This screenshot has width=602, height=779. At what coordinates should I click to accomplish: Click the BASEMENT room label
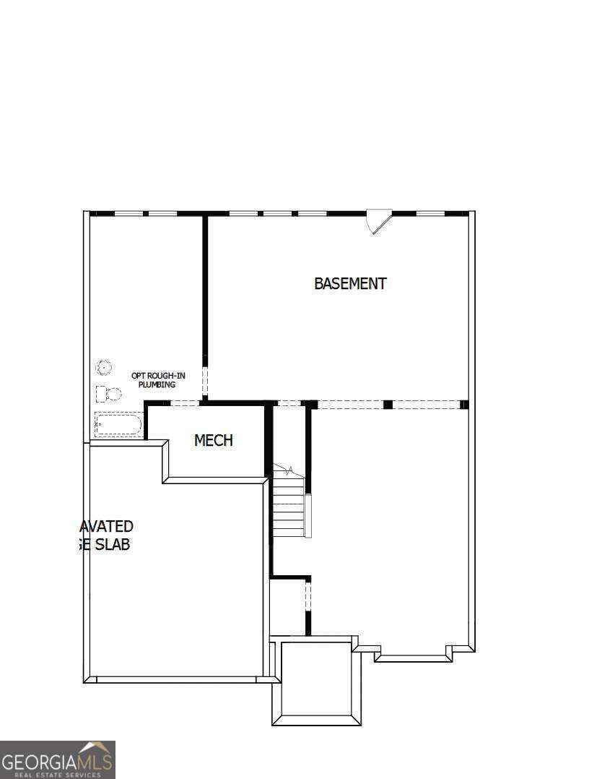(x=350, y=283)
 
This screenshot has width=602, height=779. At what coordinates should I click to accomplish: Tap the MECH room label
(x=214, y=440)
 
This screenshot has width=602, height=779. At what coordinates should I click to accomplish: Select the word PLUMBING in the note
(x=157, y=384)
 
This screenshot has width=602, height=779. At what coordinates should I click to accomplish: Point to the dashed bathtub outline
(x=118, y=424)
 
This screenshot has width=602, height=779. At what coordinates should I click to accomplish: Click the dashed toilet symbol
(x=108, y=394)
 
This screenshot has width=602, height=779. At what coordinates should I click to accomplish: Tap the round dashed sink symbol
(x=104, y=368)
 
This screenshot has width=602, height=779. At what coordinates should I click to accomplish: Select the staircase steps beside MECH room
(x=288, y=510)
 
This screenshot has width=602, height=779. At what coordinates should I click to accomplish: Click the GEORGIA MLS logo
(x=58, y=759)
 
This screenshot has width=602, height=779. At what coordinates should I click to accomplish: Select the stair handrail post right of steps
(x=308, y=515)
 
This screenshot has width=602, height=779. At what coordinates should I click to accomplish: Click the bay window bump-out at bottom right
(x=413, y=654)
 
